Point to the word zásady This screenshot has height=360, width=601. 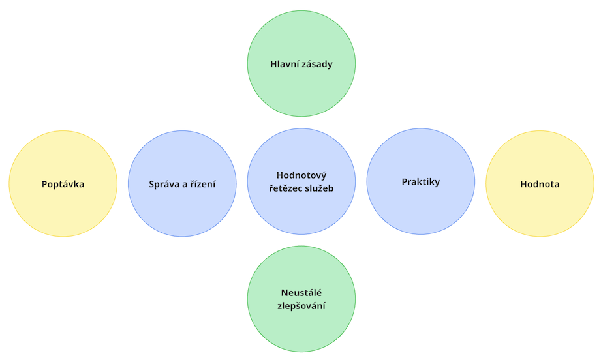[x=318, y=65]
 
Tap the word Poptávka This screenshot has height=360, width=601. [x=63, y=184]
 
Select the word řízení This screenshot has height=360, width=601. [x=202, y=184]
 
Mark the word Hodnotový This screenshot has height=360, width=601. [x=301, y=175]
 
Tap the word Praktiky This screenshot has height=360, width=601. [x=421, y=182]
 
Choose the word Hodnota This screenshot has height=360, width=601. [x=540, y=184]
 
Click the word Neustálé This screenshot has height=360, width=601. [x=301, y=292]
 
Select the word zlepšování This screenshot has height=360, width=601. [x=301, y=306]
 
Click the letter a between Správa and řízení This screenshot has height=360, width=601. [x=185, y=185]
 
